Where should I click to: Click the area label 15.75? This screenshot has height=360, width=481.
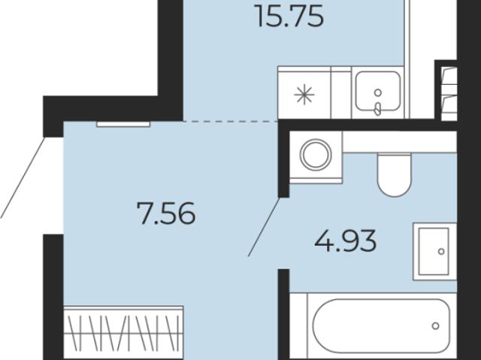point(289,17)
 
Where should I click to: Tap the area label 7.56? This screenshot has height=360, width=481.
point(166,213)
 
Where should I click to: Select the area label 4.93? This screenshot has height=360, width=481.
point(346,241)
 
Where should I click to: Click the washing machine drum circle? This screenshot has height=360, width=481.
point(316,154)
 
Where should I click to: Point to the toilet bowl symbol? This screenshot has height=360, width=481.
point(395,175)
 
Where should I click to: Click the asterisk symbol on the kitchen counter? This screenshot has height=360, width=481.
point(304,95)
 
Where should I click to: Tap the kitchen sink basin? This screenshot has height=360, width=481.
point(378,91)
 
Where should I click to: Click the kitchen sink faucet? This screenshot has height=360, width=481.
point(378,109)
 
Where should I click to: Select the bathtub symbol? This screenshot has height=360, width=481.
point(382,325)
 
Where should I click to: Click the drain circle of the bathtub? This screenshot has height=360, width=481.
point(435,325)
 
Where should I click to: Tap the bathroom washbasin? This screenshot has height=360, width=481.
point(435,252)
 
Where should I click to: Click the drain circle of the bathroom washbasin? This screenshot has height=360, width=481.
point(441,252)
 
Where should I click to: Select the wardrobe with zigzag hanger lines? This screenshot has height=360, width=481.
point(123,331)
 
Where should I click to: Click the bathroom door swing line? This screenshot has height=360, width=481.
point(265,227)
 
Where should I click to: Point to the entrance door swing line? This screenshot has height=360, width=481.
point(23,177)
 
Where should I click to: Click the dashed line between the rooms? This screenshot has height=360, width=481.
point(231,122)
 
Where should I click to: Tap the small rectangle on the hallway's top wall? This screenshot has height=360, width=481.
point(123,124)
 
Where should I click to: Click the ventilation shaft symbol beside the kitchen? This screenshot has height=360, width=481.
point(449,93)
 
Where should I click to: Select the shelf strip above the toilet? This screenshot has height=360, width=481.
point(400,141)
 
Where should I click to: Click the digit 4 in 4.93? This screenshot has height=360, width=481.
point(324,241)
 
